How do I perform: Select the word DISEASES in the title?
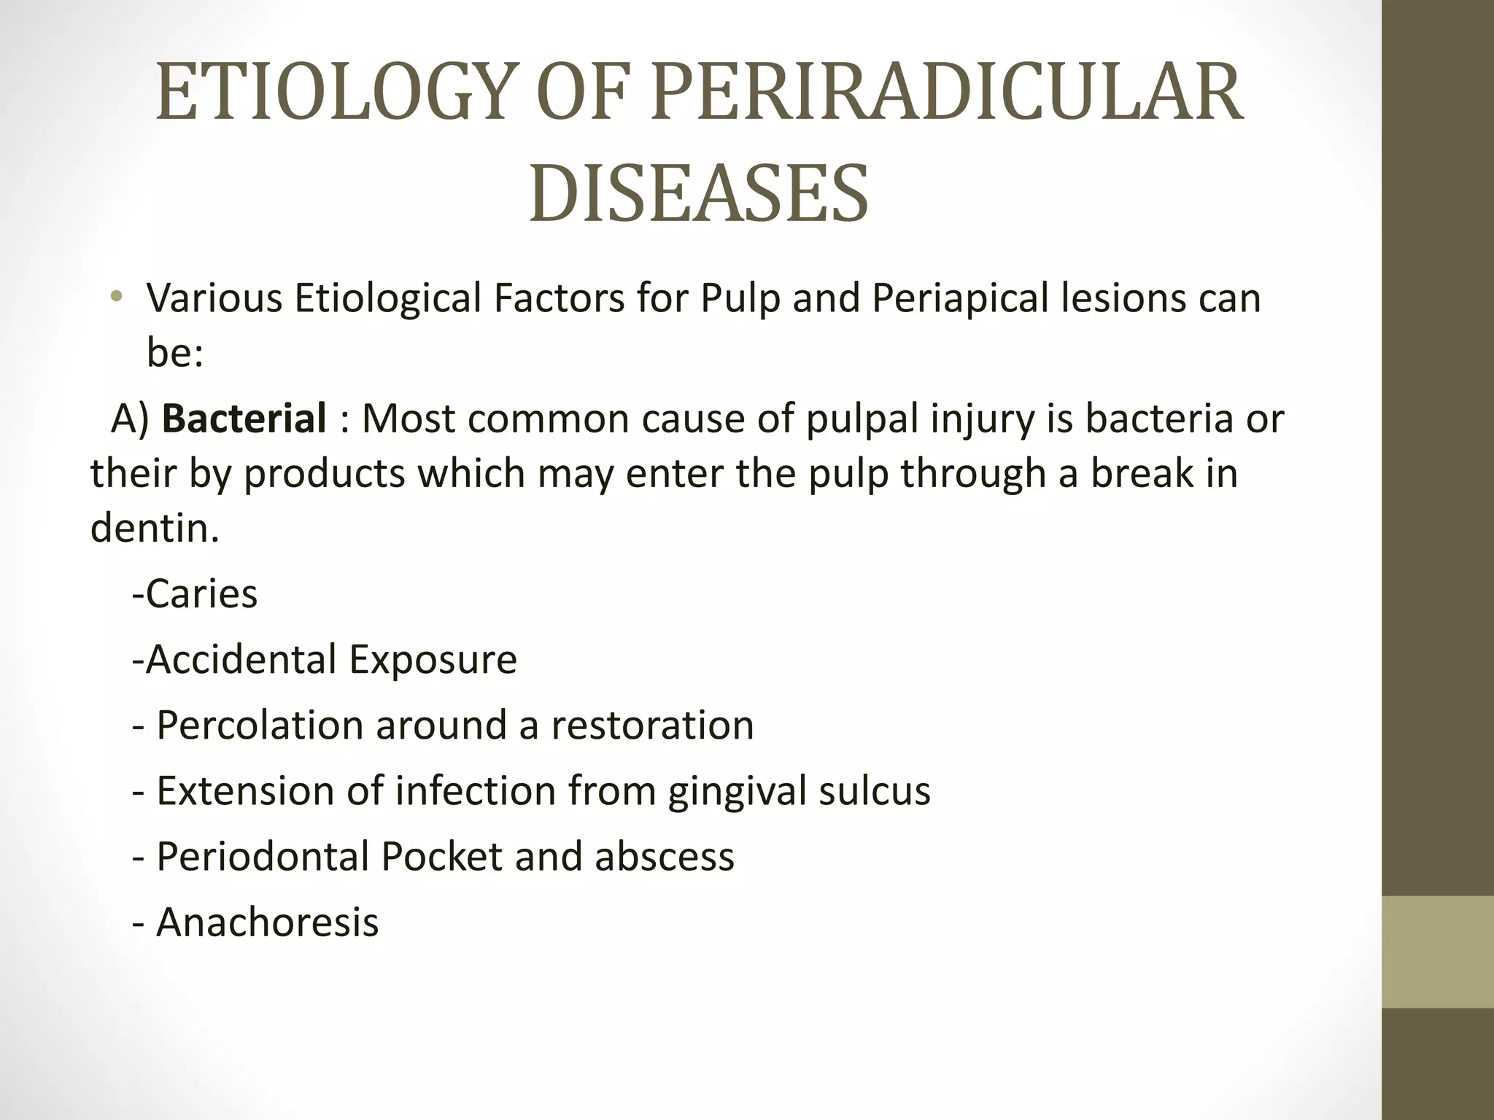(699, 194)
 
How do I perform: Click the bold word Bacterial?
(244, 419)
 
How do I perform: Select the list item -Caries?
(195, 594)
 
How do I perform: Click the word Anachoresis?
(267, 922)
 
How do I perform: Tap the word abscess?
(664, 857)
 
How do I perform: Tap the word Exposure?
(433, 659)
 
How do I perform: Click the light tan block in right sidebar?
(1437, 952)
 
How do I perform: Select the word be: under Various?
(174, 353)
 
